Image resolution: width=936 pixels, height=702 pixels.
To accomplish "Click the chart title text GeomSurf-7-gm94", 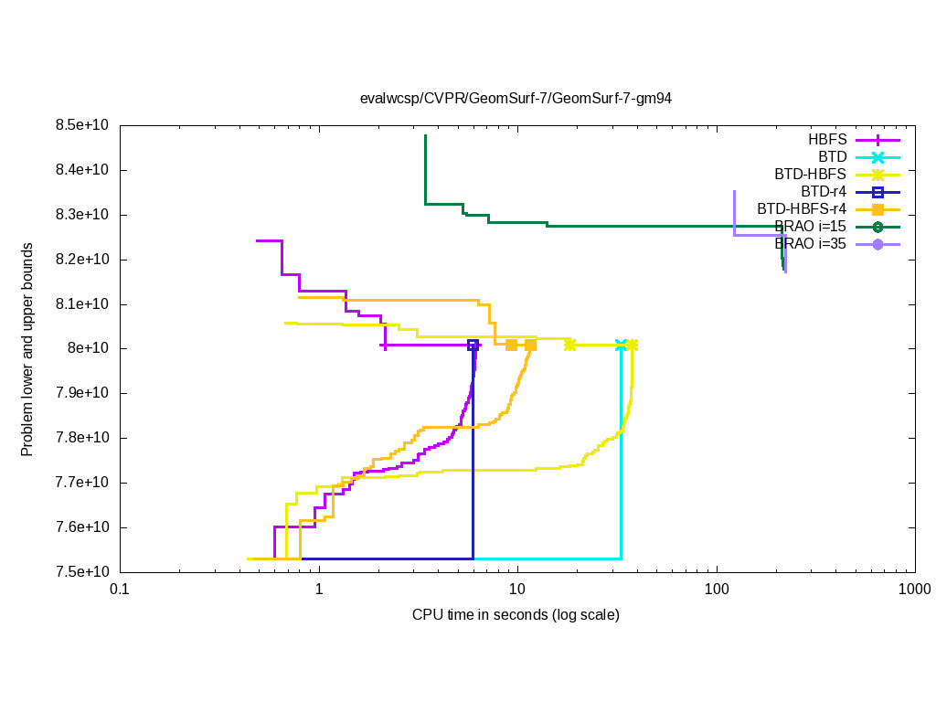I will (516, 99).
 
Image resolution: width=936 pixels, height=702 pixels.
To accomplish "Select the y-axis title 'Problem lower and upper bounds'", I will (28, 350).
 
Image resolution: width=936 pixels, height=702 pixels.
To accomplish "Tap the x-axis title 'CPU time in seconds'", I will (516, 614).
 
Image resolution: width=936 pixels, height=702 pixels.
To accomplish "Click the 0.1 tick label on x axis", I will (119, 590).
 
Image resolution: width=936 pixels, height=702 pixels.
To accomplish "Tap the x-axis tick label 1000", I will (915, 590).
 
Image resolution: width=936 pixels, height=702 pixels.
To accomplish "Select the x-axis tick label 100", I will (716, 590).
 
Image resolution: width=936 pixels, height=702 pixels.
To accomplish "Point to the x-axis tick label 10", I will (517, 590).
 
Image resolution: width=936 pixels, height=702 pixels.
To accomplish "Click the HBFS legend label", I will (827, 140).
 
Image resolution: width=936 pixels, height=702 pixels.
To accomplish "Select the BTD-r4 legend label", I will (824, 192).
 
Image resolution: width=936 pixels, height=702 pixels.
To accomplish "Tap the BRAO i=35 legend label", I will (810, 244).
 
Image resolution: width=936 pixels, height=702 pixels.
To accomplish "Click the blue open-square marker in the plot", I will (473, 346).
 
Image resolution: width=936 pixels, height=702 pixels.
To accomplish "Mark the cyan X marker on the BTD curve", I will (622, 346).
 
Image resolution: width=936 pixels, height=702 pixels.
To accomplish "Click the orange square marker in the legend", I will (877, 209).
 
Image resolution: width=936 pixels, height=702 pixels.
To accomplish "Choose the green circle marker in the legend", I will (877, 227).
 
